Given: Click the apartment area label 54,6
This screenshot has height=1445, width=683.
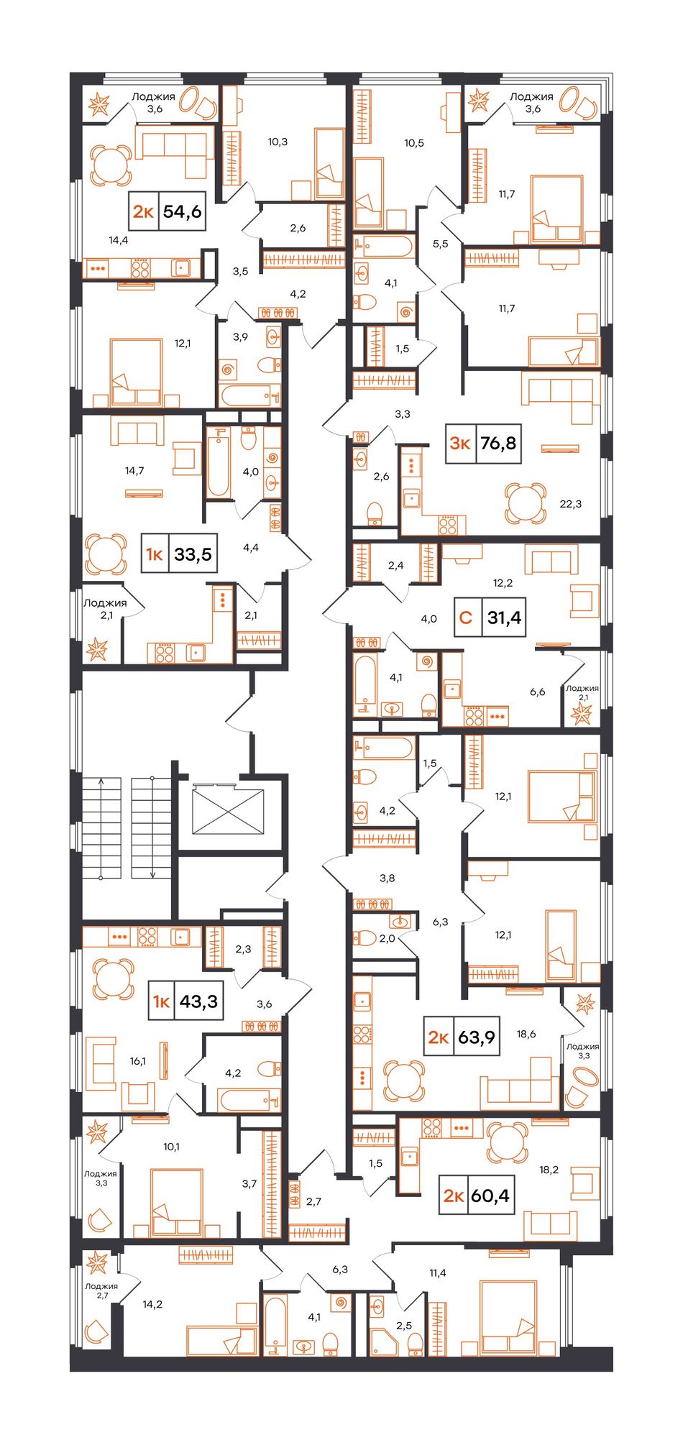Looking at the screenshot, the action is pos(182,211).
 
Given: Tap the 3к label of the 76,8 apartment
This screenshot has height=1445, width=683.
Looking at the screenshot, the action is pos(460,443).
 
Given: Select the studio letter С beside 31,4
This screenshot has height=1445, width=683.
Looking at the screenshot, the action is pos(466,617).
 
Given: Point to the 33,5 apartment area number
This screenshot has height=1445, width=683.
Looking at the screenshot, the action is pos(193,554).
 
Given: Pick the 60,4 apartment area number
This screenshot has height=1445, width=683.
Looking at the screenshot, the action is pos(490,1196).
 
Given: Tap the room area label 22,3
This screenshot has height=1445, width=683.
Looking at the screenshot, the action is pos(571,504).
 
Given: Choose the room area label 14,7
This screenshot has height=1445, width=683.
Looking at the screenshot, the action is pos(134,471).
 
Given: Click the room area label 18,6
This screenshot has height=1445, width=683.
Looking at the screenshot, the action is pos(526,1034).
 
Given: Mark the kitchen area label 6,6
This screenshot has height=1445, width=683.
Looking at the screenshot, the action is pos(538,692).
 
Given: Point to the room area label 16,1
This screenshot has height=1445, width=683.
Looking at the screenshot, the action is pos(138,1060).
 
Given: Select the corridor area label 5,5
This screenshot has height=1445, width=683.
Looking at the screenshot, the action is pos(440,244).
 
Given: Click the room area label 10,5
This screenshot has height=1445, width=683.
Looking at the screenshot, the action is pos(413,143).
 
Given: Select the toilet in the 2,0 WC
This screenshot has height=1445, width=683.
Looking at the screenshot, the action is pos(364,937).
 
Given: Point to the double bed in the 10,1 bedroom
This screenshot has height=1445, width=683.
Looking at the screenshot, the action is pos(177,1202).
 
